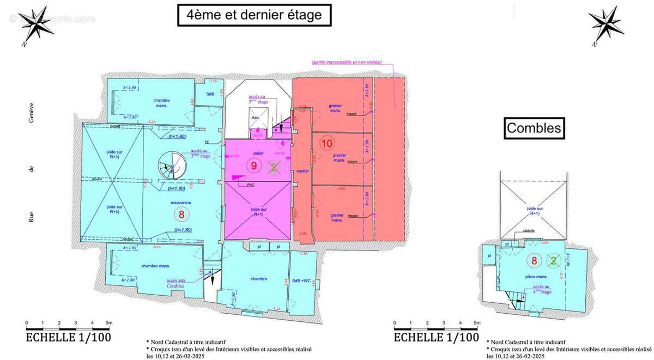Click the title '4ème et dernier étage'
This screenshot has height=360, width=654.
coord(254,15)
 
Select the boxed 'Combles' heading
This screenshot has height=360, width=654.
coord(534,129)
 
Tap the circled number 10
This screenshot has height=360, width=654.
coord(326,144)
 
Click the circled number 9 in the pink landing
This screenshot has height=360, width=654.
coord(253,167)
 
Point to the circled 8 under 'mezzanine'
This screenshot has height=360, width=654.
coord(181,214)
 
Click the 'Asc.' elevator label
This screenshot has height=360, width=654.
coord(255,118)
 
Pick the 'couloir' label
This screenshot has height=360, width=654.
coord(302,171)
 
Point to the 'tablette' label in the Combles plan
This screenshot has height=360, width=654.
coord(528,230)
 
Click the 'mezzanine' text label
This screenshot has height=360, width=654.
coord(179,203)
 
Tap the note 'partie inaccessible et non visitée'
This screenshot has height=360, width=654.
coord(346,63)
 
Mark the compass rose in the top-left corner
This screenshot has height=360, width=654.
coord(38,25)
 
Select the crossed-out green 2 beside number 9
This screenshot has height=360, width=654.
coord(275,167)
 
